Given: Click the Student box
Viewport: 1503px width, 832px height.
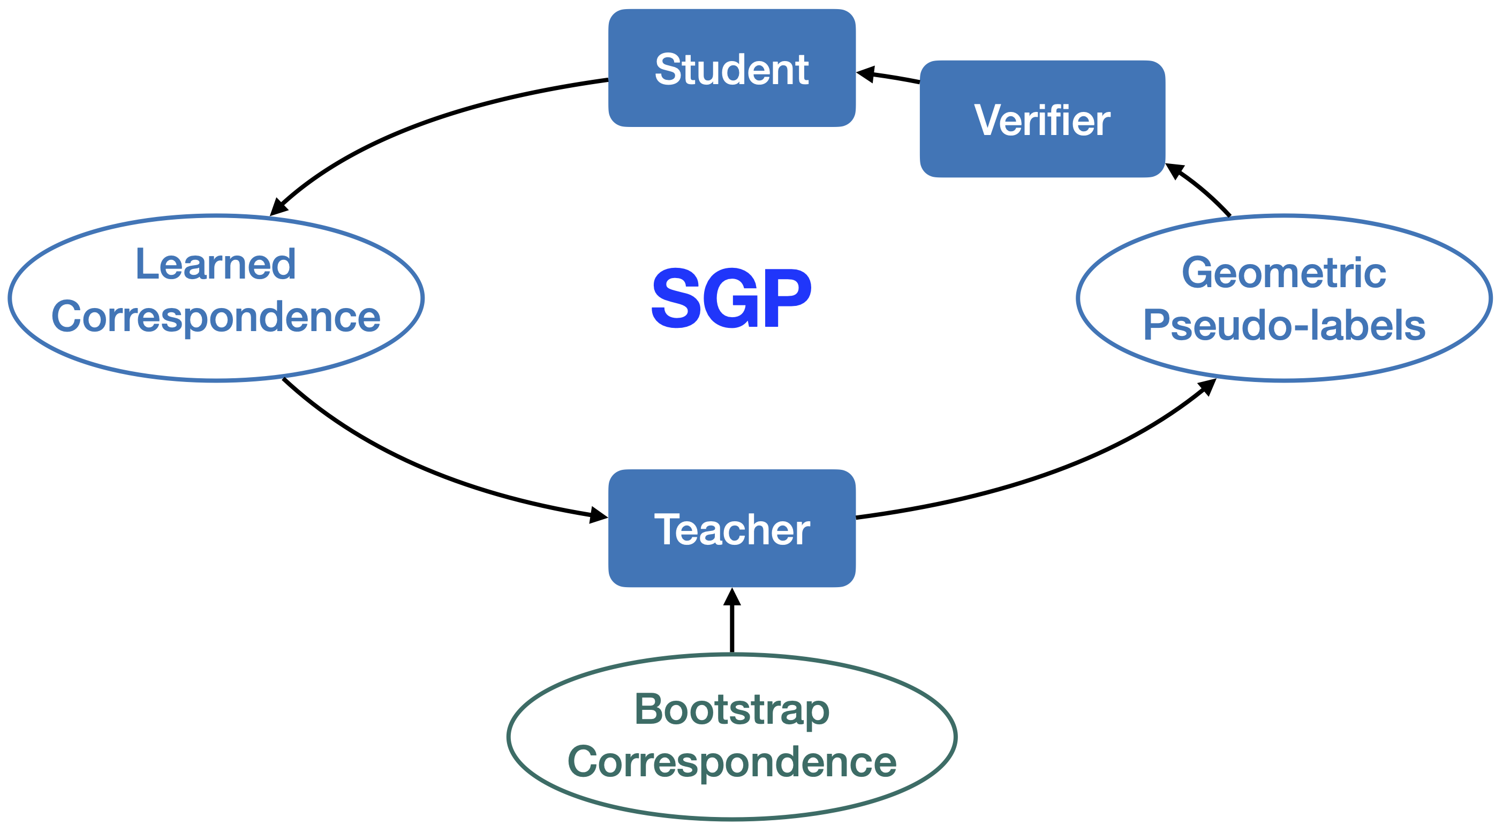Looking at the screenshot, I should tap(731, 69).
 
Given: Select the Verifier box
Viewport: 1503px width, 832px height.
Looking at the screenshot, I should tap(1042, 119).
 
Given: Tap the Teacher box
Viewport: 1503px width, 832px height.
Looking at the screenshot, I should tap(731, 528).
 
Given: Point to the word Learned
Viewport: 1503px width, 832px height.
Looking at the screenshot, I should tap(215, 265).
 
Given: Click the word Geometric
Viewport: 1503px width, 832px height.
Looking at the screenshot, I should tap(1283, 273).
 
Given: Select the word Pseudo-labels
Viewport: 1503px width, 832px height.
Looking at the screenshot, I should tap(1283, 325).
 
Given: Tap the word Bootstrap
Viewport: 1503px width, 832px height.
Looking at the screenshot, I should tap(731, 709).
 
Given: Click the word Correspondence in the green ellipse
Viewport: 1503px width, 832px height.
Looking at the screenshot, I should tap(731, 762).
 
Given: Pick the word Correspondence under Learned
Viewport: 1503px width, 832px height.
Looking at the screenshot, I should tap(216, 317).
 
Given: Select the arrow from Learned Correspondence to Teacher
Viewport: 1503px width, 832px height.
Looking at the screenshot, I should tap(420, 467).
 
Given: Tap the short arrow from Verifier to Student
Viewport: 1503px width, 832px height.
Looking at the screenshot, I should tap(890, 77).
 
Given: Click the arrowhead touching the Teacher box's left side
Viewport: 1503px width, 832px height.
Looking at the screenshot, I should tap(599, 515).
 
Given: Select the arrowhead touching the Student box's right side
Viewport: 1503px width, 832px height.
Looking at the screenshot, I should tap(865, 73).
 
